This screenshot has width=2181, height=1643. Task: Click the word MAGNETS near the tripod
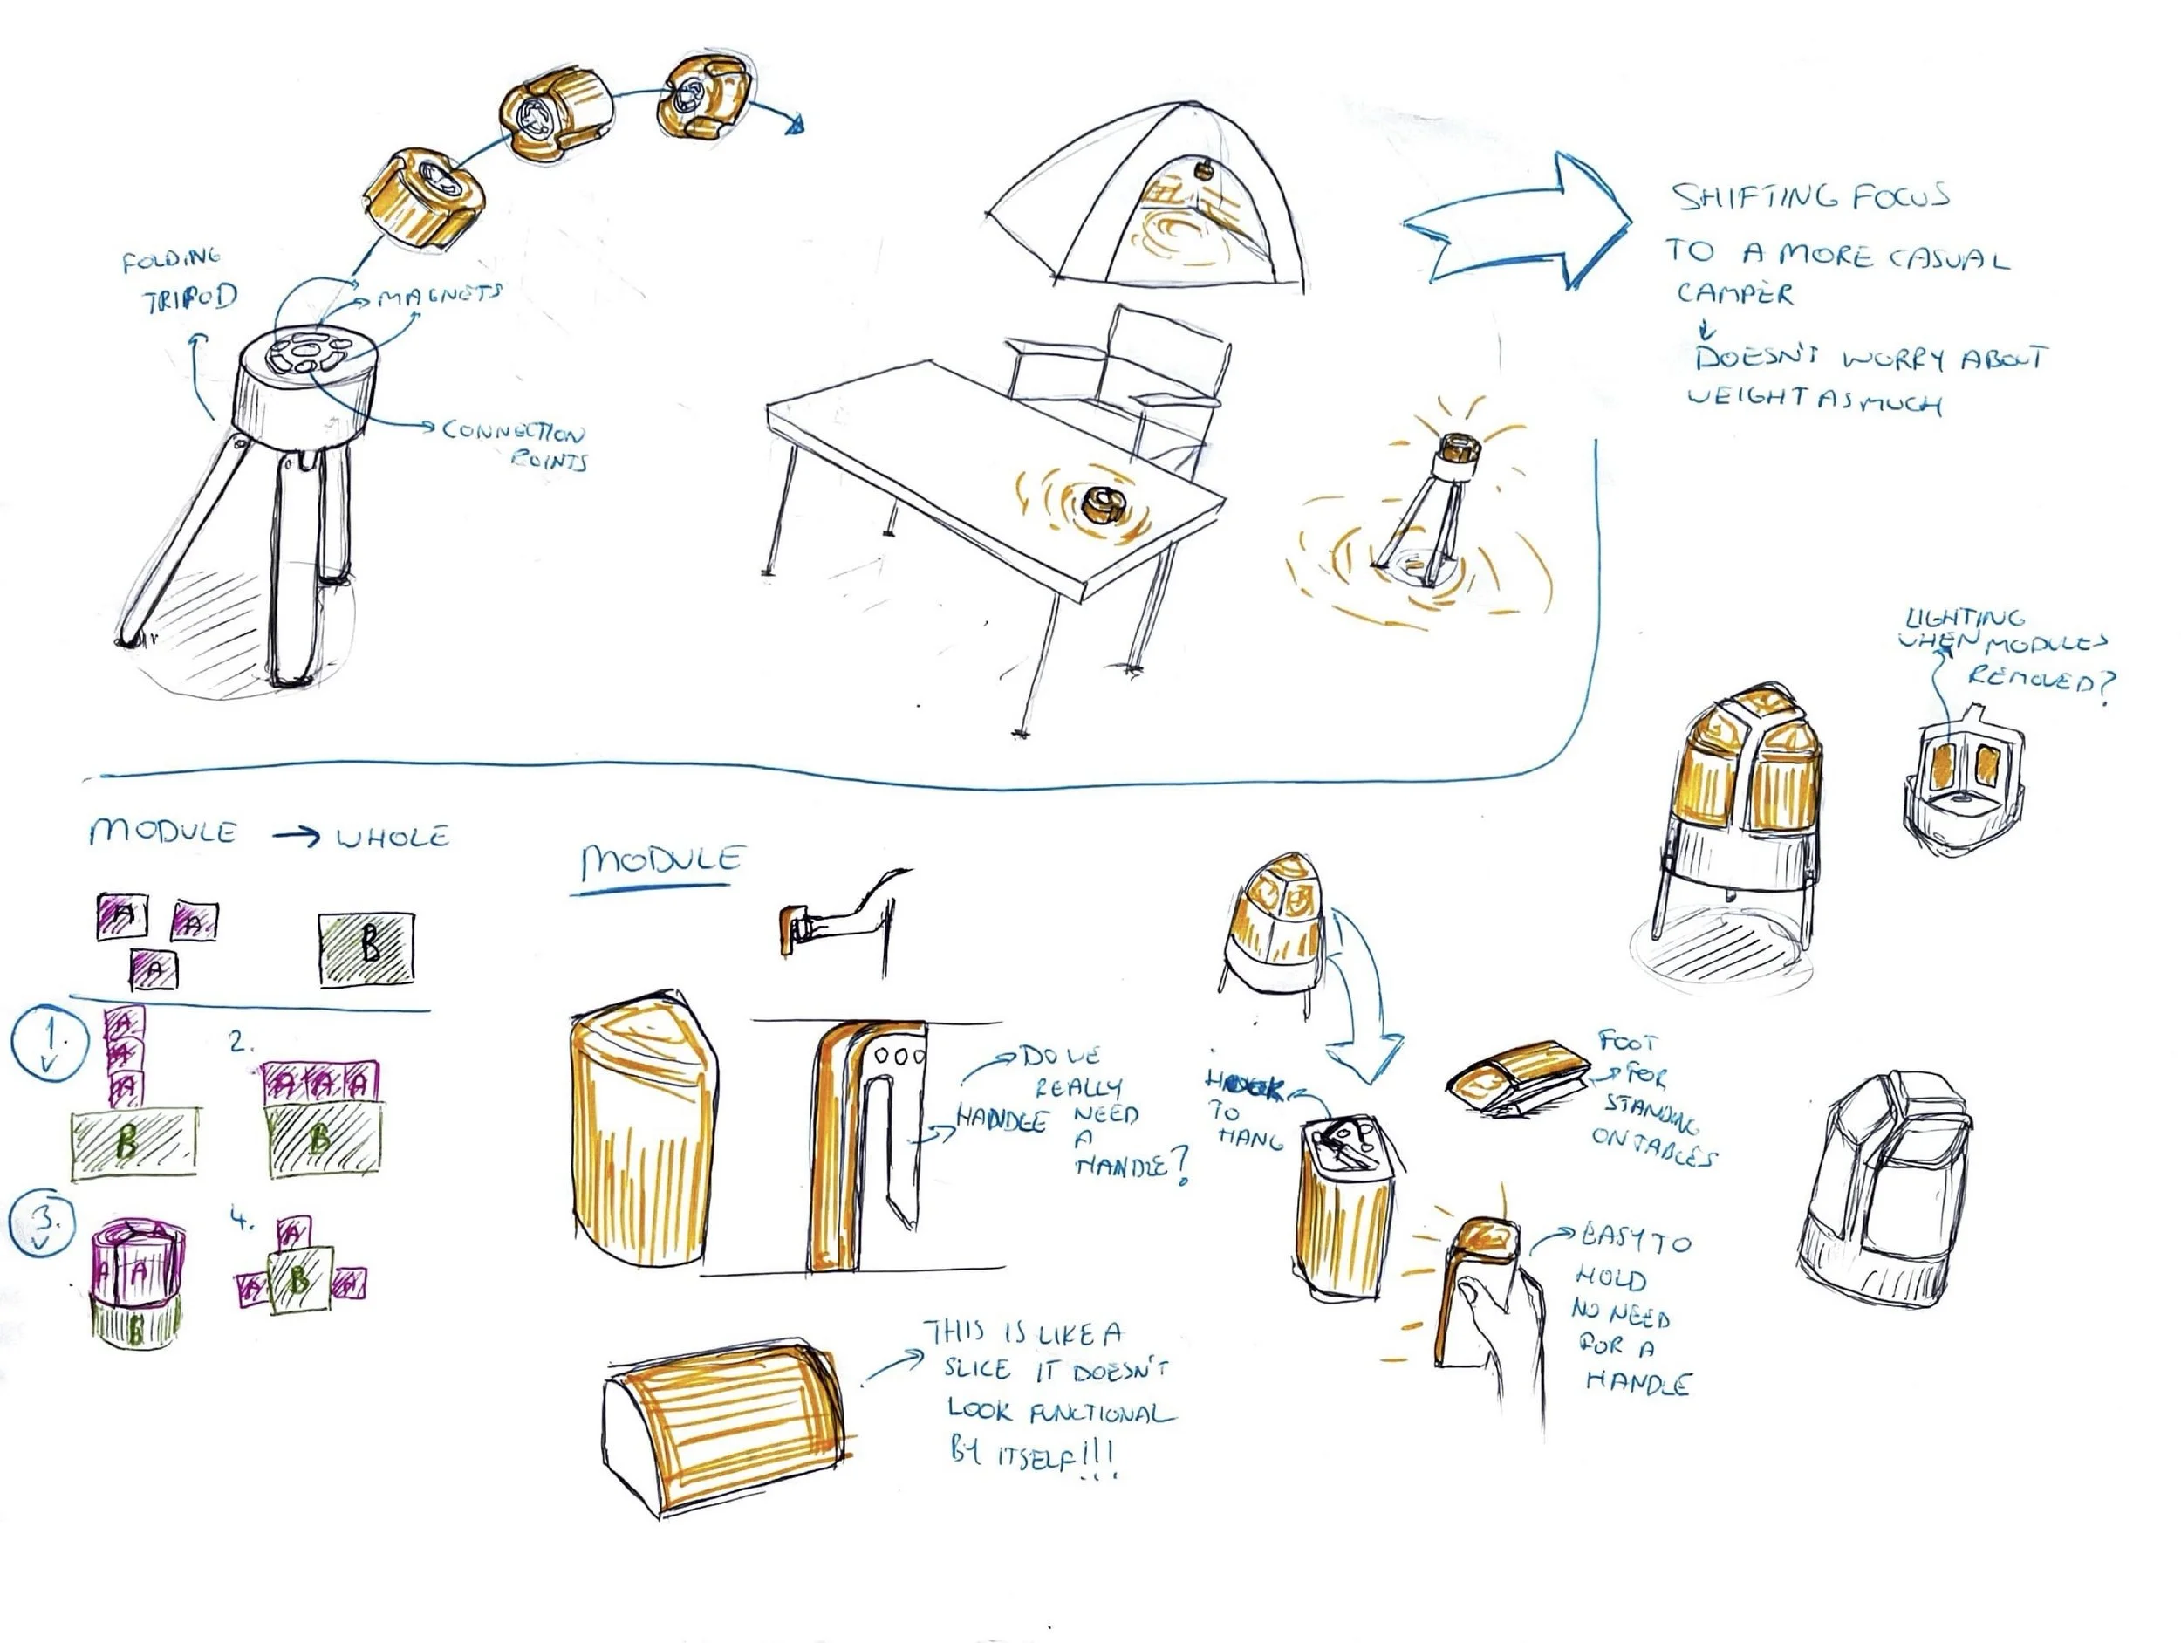pyautogui.click(x=441, y=294)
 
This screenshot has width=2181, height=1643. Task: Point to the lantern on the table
pyautogui.click(x=1100, y=505)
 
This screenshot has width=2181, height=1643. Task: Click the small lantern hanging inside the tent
pyautogui.click(x=1204, y=169)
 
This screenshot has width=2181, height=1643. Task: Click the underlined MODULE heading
pyautogui.click(x=660, y=860)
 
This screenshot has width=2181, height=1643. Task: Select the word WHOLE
pyautogui.click(x=393, y=838)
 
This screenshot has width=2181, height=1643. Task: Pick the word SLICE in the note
pyautogui.click(x=976, y=1369)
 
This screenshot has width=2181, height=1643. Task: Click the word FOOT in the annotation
pyautogui.click(x=1628, y=1042)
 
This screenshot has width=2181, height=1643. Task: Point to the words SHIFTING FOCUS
pyautogui.click(x=1810, y=197)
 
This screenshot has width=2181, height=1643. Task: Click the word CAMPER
pyautogui.click(x=1735, y=293)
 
